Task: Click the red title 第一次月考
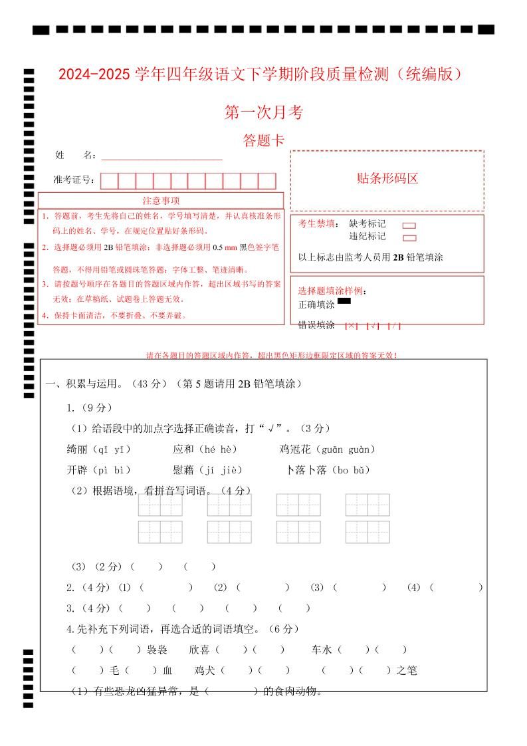264,113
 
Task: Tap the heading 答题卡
264,141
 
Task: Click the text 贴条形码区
387,178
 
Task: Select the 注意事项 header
161,201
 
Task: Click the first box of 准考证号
110,181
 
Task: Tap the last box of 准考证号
266,181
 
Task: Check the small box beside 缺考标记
409,225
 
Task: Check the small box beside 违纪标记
409,238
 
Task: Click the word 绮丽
77,449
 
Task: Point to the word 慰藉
183,470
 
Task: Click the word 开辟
77,470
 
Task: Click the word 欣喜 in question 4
199,650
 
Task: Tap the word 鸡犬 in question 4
205,671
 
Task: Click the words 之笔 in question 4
406,671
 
